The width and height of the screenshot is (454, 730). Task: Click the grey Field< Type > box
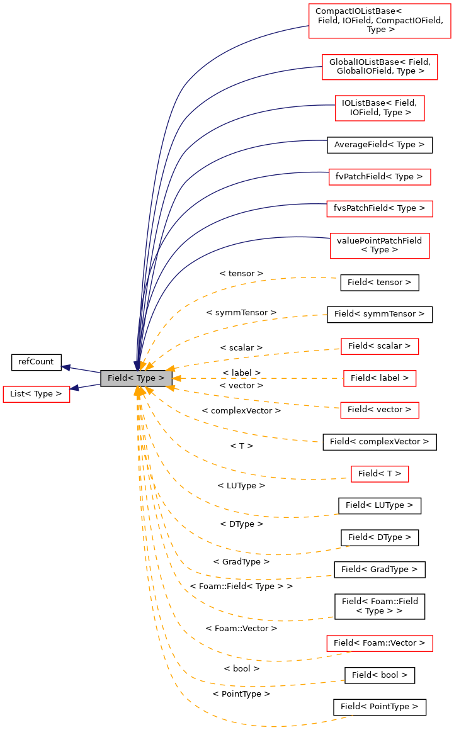(136, 378)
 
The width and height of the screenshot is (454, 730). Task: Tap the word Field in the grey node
(117, 378)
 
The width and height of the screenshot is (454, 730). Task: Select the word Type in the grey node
(145, 378)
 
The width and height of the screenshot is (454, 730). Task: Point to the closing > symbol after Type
(161, 378)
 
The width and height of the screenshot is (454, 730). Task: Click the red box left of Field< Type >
(37, 395)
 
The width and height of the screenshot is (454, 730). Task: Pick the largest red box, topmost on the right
(380, 21)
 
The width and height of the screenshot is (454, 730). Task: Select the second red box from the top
(380, 67)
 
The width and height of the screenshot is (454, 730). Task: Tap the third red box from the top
(380, 108)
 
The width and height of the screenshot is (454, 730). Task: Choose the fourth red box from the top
(380, 177)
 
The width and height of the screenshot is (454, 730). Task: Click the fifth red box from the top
(380, 209)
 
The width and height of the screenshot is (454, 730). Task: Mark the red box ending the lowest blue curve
(380, 245)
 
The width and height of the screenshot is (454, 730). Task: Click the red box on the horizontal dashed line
(380, 378)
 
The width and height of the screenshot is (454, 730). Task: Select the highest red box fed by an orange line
(380, 346)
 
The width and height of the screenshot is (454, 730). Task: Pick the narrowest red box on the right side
(380, 474)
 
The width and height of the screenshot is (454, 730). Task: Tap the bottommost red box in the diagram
(380, 643)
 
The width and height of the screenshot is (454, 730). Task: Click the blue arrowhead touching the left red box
(74, 388)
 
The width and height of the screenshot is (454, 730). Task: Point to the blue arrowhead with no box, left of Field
(65, 367)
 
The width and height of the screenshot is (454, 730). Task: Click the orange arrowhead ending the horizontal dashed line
(176, 378)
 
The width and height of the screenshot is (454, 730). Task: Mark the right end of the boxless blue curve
(327, 140)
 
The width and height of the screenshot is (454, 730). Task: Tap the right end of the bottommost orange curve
(353, 716)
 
